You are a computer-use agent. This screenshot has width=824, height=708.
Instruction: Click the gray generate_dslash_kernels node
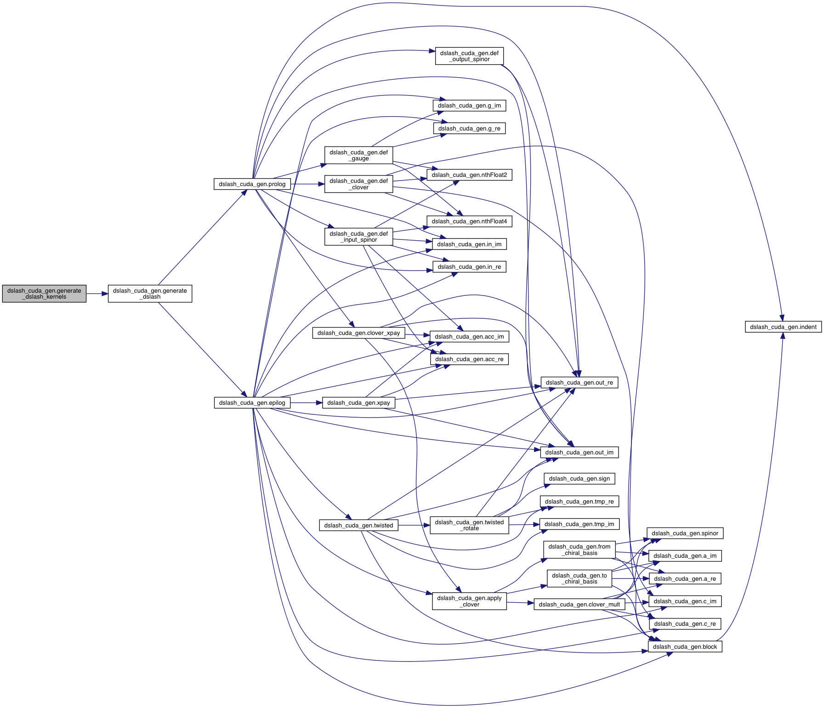click(x=44, y=294)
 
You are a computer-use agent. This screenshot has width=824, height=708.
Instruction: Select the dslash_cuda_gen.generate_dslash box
click(x=150, y=294)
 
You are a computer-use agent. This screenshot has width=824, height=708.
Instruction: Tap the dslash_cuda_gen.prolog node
click(x=252, y=184)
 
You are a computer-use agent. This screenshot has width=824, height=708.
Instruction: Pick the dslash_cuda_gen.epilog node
click(x=252, y=403)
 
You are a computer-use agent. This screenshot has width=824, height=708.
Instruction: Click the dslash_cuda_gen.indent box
click(x=783, y=327)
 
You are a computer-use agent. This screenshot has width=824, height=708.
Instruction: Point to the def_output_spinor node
click(x=469, y=56)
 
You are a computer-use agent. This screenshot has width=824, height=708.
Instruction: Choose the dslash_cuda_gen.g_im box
click(x=469, y=106)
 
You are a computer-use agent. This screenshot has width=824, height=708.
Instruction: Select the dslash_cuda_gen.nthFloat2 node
click(x=469, y=175)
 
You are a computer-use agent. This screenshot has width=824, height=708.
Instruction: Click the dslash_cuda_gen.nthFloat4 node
click(x=469, y=221)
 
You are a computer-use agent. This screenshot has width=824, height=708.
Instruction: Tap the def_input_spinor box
click(x=358, y=237)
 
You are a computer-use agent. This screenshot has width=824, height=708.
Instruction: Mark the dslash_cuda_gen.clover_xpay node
click(x=358, y=333)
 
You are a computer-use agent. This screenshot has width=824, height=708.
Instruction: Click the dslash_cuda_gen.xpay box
click(x=358, y=403)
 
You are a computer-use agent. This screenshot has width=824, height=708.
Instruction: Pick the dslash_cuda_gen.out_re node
click(x=579, y=383)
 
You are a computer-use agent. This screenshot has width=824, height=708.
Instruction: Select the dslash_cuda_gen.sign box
click(x=579, y=479)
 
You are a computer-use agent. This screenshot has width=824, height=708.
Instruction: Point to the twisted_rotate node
click(x=469, y=525)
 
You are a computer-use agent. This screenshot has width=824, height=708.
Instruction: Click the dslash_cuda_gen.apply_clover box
click(x=469, y=601)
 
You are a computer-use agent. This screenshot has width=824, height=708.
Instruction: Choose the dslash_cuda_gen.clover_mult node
click(x=579, y=605)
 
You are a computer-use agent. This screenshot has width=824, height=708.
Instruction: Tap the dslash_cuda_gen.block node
click(x=685, y=647)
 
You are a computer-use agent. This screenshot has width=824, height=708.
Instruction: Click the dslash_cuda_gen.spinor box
click(x=685, y=533)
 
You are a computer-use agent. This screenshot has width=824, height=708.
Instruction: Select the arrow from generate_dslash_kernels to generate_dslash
click(x=97, y=294)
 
